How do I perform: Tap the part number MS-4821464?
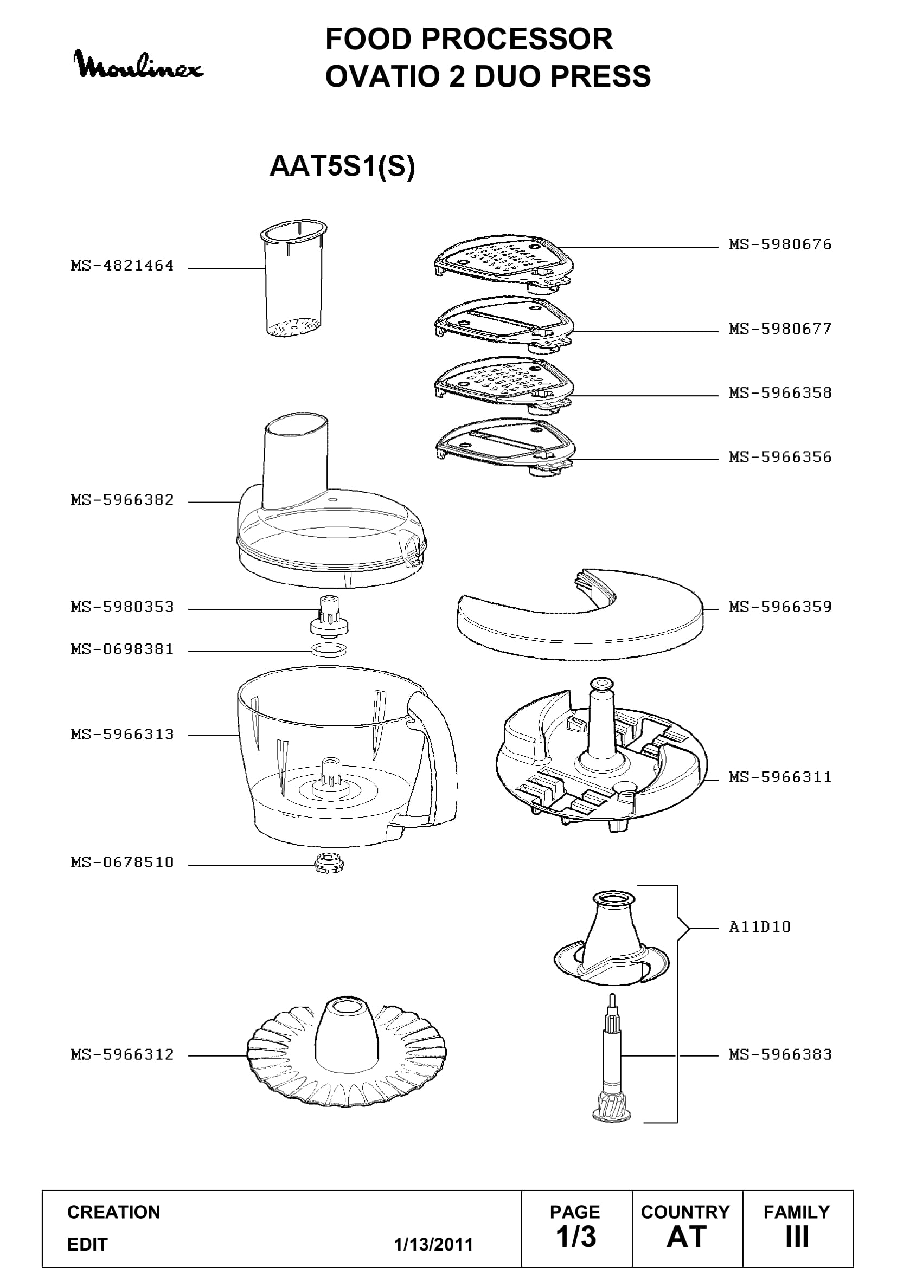coord(122,266)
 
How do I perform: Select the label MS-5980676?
coord(780,244)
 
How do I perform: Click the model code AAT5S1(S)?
coord(342,166)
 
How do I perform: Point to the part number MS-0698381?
coord(122,649)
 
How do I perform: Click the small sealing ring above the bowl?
coord(329,649)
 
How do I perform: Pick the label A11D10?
coord(759,926)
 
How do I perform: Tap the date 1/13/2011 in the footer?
coord(434,1245)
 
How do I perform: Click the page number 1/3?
coord(576,1237)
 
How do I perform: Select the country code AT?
coord(687,1237)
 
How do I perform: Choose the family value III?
coord(797,1237)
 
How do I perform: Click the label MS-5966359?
coord(780,607)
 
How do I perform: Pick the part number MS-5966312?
coord(122,1055)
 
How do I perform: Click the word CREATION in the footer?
coord(114,1212)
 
